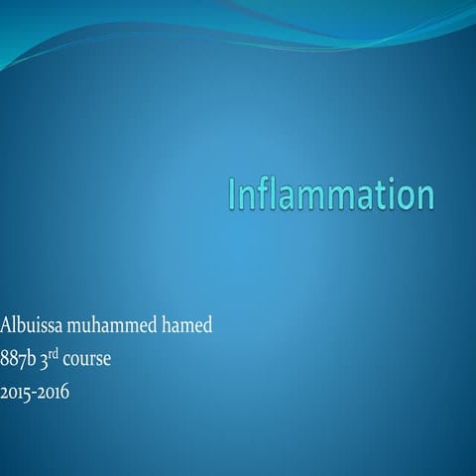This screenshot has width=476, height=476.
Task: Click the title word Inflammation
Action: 331,194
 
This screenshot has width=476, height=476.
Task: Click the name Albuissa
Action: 31,324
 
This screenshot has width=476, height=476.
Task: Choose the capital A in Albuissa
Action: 7,324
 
